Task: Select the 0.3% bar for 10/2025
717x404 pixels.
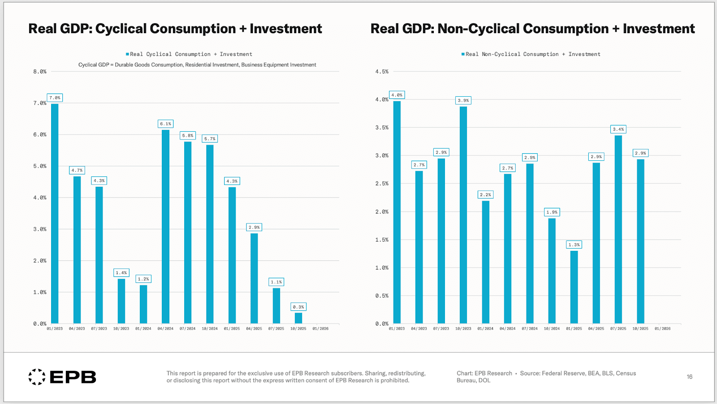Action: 298,318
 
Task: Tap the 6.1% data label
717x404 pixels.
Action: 165,124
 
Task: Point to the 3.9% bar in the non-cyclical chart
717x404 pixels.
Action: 463,215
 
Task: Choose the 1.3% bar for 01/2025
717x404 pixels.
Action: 574,287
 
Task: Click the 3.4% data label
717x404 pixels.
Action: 618,129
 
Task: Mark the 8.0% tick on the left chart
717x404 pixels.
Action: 39,72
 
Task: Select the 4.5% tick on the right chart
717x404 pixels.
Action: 382,72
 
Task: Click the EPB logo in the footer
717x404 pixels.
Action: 62,377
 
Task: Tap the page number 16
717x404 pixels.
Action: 689,377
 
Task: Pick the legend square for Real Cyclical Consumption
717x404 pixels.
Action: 127,54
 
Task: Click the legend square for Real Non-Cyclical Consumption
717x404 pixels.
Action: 463,54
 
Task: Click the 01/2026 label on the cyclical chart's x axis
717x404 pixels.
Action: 320,329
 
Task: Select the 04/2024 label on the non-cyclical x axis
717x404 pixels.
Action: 507,329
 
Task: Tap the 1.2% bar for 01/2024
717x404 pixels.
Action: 143,304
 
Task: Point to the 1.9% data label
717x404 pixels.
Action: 552,212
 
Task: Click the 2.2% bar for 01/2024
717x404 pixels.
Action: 485,262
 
